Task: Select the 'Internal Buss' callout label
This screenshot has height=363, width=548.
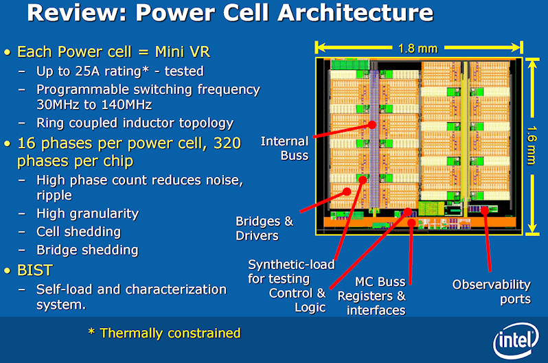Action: (x=284, y=148)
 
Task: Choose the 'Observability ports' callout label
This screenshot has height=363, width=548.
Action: (x=491, y=291)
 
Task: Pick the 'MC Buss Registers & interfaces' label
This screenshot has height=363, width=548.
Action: (x=372, y=296)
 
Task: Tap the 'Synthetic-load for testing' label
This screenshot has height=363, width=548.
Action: (x=291, y=271)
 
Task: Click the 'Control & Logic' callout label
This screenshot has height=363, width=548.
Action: (x=302, y=300)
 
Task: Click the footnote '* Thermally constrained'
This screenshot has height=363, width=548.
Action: (x=164, y=333)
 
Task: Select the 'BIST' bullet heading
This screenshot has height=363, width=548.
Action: (x=36, y=270)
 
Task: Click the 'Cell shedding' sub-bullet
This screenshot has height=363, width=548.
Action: (x=78, y=232)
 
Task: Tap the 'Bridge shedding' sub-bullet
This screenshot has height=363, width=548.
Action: (x=87, y=250)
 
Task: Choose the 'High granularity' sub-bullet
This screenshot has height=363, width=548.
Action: (x=87, y=213)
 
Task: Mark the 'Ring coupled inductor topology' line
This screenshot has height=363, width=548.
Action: (x=135, y=124)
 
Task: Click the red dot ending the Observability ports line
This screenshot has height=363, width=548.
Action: (x=484, y=211)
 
